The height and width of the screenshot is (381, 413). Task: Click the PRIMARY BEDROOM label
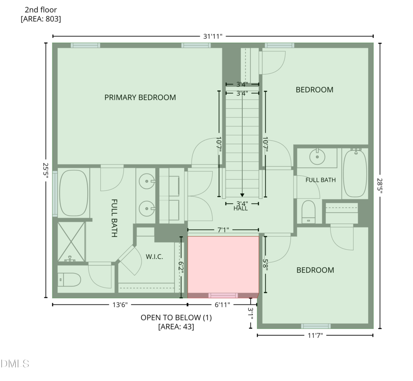(140, 98)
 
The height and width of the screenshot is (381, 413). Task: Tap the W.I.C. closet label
(154, 256)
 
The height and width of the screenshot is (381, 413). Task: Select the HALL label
(240, 208)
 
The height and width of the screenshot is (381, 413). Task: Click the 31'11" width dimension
(213, 36)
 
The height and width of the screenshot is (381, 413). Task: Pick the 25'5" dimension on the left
(46, 170)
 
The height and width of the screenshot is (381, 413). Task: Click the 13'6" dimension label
(120, 305)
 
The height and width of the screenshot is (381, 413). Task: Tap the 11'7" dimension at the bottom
(315, 335)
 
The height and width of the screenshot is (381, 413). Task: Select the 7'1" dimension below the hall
(223, 230)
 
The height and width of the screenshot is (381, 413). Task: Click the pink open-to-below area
(223, 264)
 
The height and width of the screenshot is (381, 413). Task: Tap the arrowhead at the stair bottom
(242, 195)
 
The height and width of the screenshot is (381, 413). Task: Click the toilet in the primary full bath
(69, 280)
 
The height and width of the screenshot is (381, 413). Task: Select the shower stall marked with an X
(71, 242)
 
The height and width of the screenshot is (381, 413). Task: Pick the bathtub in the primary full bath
(74, 193)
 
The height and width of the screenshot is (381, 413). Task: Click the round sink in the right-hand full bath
(317, 157)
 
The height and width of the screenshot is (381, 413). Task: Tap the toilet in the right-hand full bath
(309, 212)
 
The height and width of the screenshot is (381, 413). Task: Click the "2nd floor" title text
(41, 10)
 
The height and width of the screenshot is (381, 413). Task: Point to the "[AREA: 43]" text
(176, 327)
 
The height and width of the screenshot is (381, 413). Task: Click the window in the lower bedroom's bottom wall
(316, 326)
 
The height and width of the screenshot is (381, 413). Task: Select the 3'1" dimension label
(250, 314)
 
